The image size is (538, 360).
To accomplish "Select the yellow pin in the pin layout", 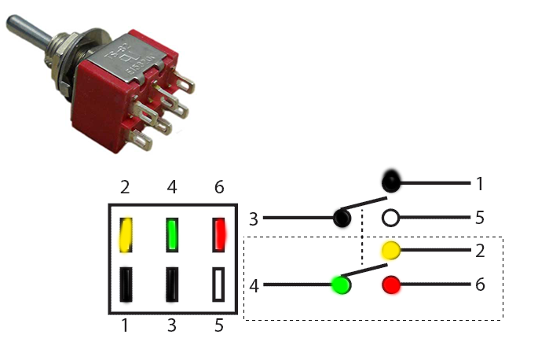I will [x=126, y=233].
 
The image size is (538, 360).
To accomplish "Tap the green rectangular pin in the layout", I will [x=173, y=233].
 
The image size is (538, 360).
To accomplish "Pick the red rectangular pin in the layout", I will [x=219, y=233].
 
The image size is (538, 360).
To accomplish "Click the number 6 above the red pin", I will [x=219, y=188].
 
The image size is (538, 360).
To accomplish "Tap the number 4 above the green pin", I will [x=173, y=188].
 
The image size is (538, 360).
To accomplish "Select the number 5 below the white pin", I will [x=219, y=326].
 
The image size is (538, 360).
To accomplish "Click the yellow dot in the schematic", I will [x=390, y=251].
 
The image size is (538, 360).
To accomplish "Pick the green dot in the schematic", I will [x=340, y=285].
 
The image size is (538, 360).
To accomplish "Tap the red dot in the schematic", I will [x=390, y=285].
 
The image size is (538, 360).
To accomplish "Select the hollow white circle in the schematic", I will [x=390, y=218].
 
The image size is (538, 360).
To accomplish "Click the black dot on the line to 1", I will [x=390, y=184].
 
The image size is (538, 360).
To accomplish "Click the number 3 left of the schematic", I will [x=253, y=219].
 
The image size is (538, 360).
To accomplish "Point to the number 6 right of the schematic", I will [x=479, y=285].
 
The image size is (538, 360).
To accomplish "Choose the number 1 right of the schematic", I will [x=479, y=184].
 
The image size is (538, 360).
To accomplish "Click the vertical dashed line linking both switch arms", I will [x=361, y=248].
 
